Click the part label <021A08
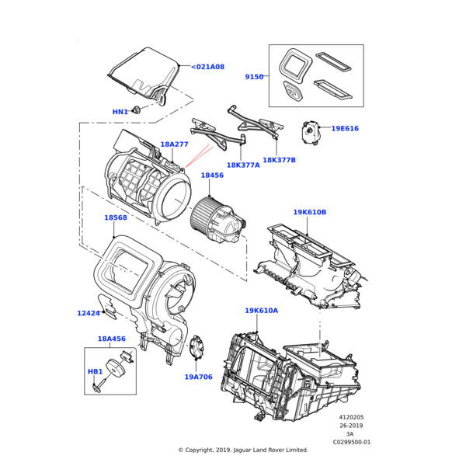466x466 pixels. click(207, 67)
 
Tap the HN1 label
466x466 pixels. click(120, 112)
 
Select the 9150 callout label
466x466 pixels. click(254, 77)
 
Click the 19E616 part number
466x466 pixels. click(345, 128)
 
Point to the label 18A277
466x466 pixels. click(174, 144)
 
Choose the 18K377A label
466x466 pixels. click(243, 165)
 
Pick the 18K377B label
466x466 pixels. click(279, 160)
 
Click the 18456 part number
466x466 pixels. click(212, 176)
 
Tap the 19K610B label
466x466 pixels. click(309, 212)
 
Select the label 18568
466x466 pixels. click(116, 217)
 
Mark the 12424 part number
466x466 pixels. click(89, 313)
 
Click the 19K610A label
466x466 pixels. click(261, 311)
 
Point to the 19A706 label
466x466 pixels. click(198, 377)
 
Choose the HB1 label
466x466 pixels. click(95, 371)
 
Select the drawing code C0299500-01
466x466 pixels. click(352, 442)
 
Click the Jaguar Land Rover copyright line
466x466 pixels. click(243, 450)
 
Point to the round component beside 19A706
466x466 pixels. click(196, 348)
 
